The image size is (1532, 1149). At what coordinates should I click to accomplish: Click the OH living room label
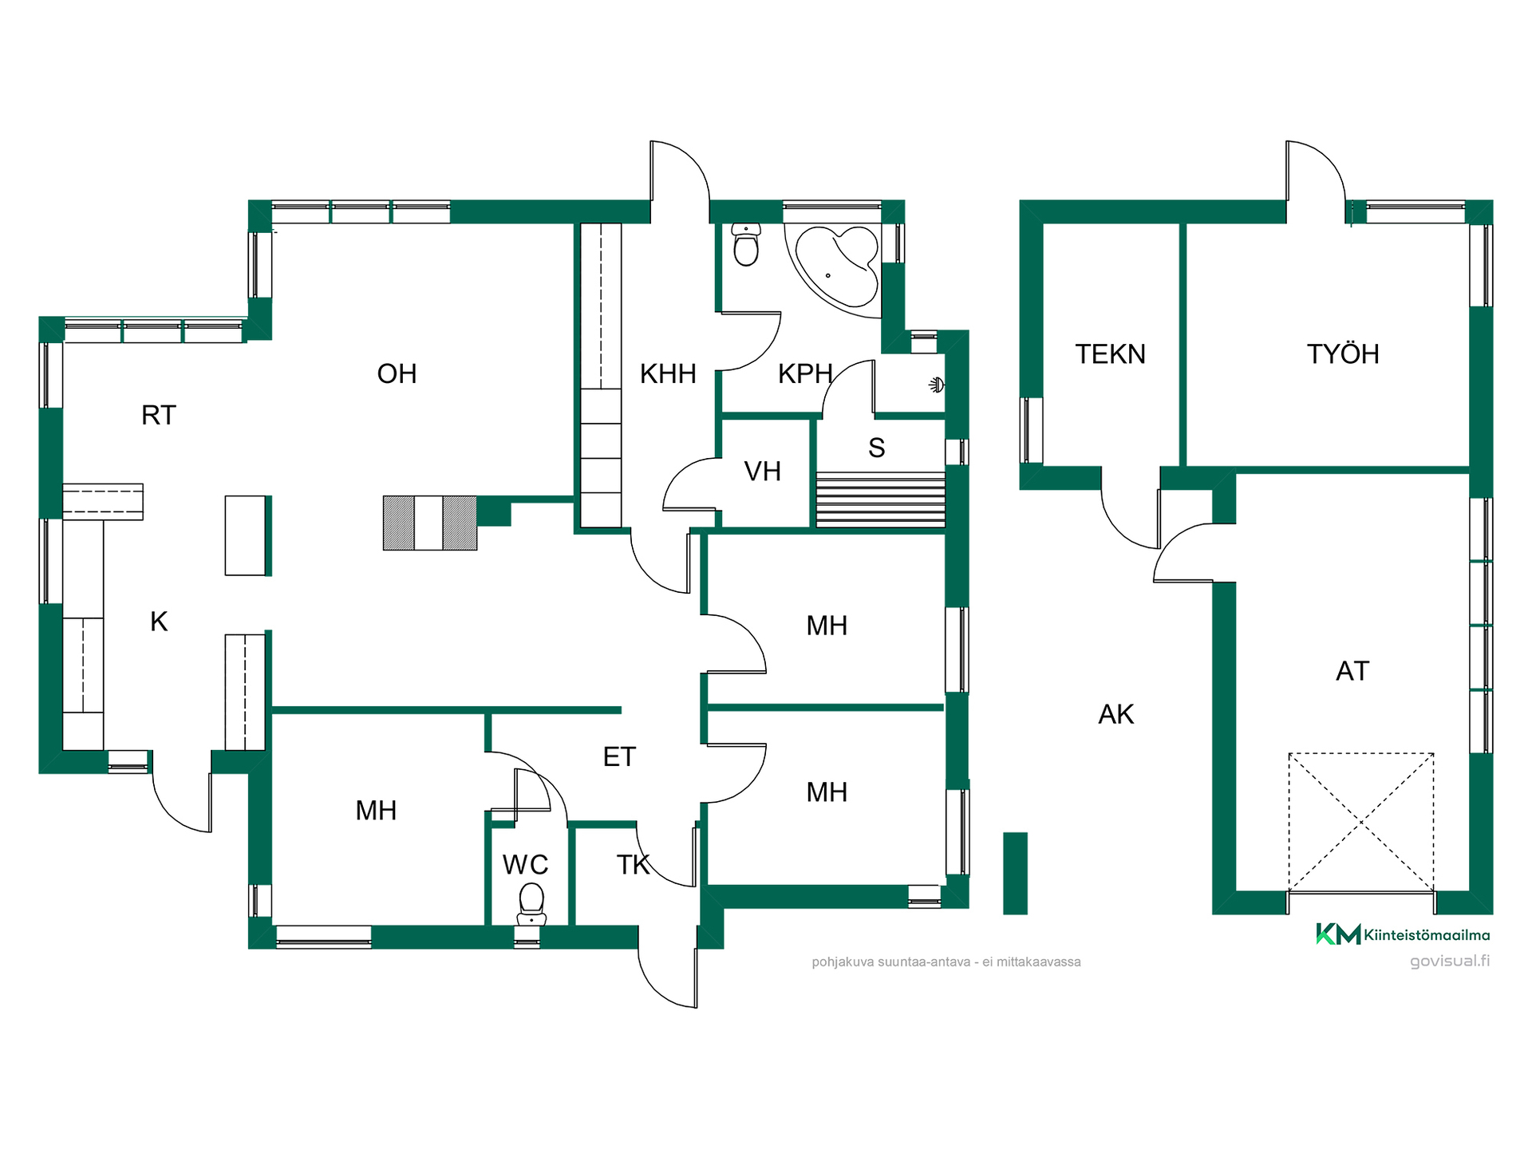coord(397,373)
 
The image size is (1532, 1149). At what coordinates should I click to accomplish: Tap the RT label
coord(158,415)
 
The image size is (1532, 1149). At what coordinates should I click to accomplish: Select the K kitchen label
coord(159,622)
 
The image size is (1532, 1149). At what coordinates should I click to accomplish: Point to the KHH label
coord(668,373)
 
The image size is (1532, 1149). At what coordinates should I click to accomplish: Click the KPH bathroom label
coord(805,373)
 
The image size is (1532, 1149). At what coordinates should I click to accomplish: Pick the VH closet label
coord(762,472)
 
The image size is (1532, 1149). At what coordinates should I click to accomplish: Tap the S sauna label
coord(876,448)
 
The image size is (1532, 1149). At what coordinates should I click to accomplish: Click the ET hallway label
coord(619,756)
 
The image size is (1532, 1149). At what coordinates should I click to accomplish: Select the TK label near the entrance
coord(634,864)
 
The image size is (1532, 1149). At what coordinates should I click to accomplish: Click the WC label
coord(525,864)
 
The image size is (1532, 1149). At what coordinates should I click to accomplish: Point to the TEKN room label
coord(1110,354)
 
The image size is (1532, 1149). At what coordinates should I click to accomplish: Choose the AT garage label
coord(1352,671)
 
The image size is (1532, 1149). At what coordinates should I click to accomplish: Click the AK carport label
coord(1115,714)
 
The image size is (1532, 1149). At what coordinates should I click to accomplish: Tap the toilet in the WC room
coord(531,904)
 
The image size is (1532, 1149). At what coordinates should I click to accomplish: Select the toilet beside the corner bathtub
coord(746,244)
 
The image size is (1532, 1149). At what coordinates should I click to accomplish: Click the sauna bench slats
coord(880,499)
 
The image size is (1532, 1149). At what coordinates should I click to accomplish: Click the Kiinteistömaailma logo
coord(1403,934)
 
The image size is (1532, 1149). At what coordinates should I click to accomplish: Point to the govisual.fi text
coord(1450,961)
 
